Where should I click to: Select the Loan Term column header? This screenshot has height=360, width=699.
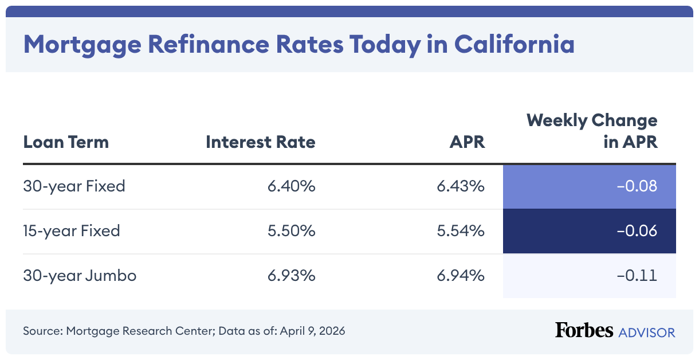66,142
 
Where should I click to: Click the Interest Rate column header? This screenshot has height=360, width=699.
260,142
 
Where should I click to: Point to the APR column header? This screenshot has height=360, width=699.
467,142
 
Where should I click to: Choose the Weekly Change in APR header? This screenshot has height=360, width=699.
592,131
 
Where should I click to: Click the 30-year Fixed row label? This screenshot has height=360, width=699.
74,186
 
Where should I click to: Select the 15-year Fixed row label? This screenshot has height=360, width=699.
72,231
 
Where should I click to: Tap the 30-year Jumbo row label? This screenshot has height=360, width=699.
80,276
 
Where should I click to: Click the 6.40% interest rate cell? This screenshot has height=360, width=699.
291,186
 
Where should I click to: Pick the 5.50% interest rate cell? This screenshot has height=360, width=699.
291,231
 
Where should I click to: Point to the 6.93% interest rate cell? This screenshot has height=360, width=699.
291,276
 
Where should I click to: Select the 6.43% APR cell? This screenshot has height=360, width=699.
460,186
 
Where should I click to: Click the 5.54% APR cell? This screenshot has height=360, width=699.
460,231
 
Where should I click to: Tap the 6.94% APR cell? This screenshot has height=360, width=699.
460,276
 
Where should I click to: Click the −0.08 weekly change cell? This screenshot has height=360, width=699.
637,186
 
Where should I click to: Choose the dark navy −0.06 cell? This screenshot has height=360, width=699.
637,231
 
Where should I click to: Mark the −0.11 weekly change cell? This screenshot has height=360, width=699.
637,276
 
